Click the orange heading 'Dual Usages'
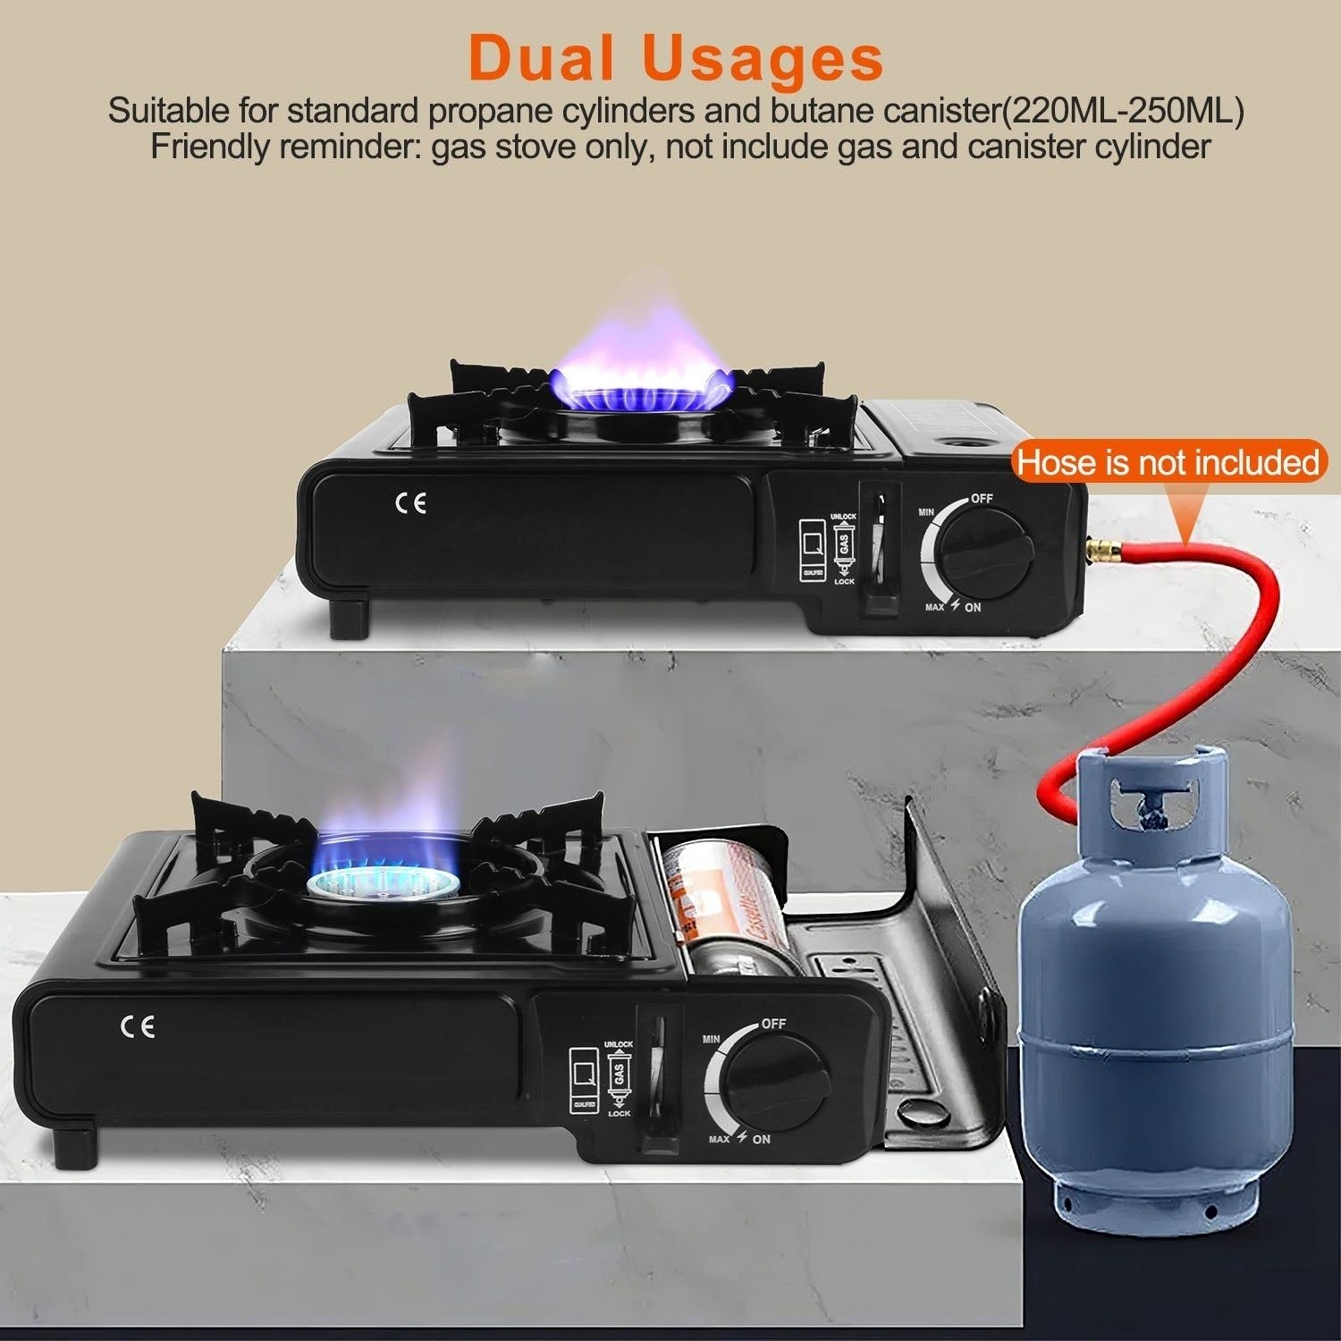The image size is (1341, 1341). [x=676, y=59]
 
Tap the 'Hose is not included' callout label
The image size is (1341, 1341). [x=1168, y=463]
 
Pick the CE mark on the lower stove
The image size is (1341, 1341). [x=139, y=1026]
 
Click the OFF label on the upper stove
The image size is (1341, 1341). [x=982, y=499]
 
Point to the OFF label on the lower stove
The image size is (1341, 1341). [x=773, y=1024]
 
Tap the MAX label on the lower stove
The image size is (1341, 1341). [x=719, y=1139]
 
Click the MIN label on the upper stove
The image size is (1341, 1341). [x=927, y=512]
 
